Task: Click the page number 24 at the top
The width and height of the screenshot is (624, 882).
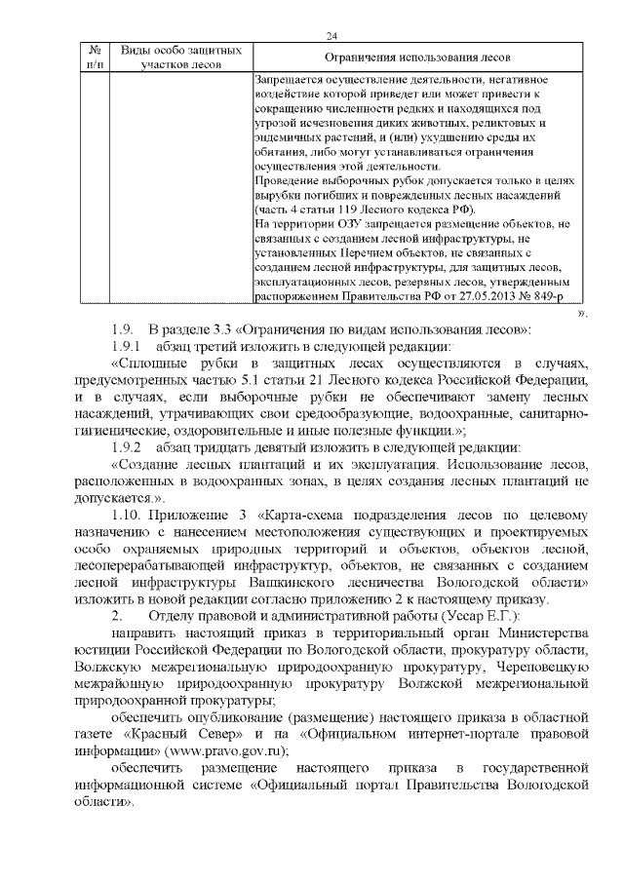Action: [331, 36]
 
